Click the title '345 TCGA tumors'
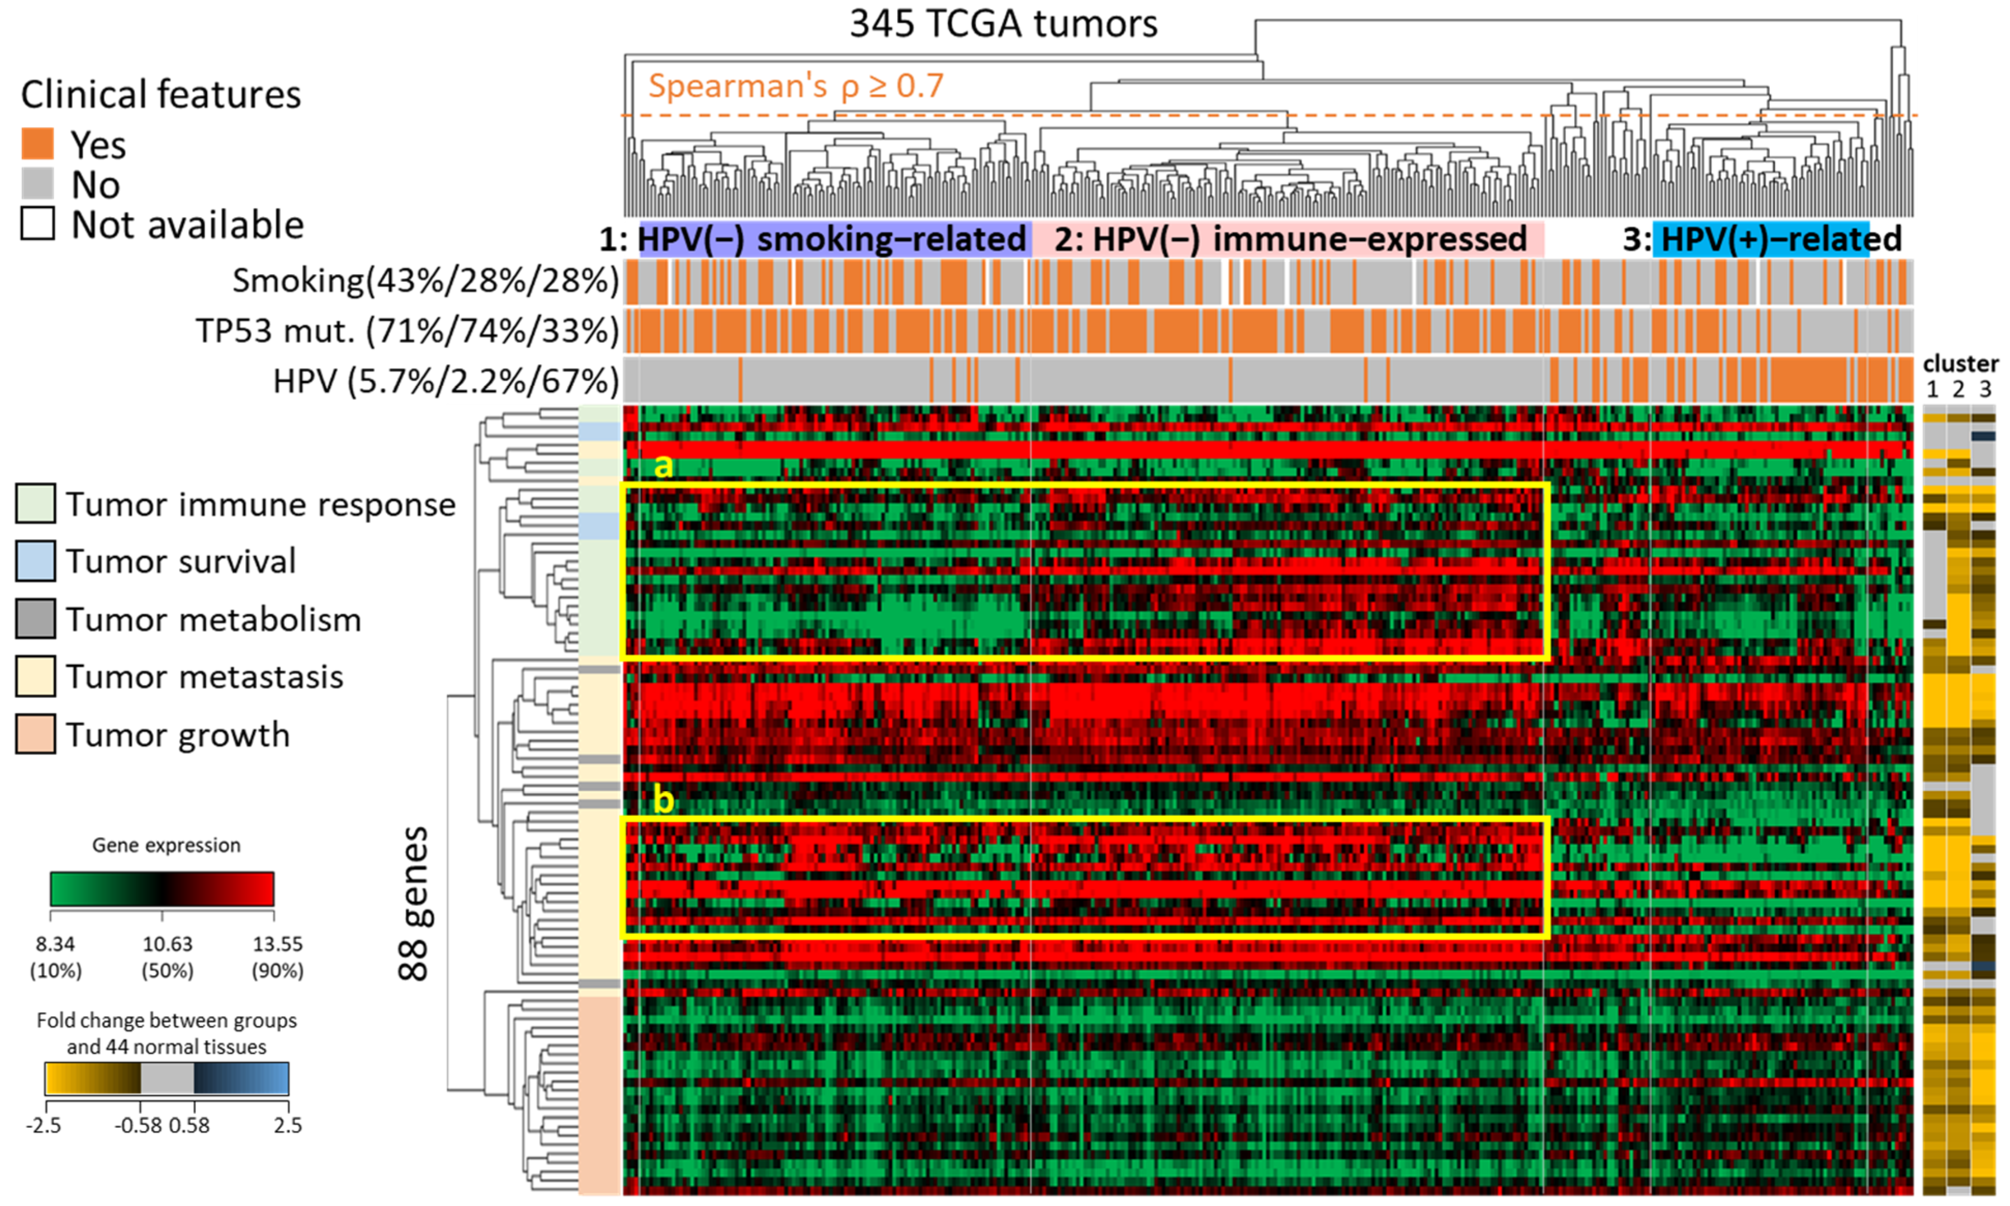click(1003, 24)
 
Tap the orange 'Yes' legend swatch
click(37, 144)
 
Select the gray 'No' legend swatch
click(37, 184)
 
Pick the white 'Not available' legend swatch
click(37, 223)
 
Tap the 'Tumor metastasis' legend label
click(205, 677)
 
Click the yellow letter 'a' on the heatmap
click(664, 466)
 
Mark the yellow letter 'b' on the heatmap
click(664, 800)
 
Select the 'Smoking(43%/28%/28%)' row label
click(426, 280)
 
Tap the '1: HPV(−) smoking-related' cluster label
click(813, 239)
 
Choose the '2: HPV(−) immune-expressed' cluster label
click(1290, 239)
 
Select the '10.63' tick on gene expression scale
click(167, 944)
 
